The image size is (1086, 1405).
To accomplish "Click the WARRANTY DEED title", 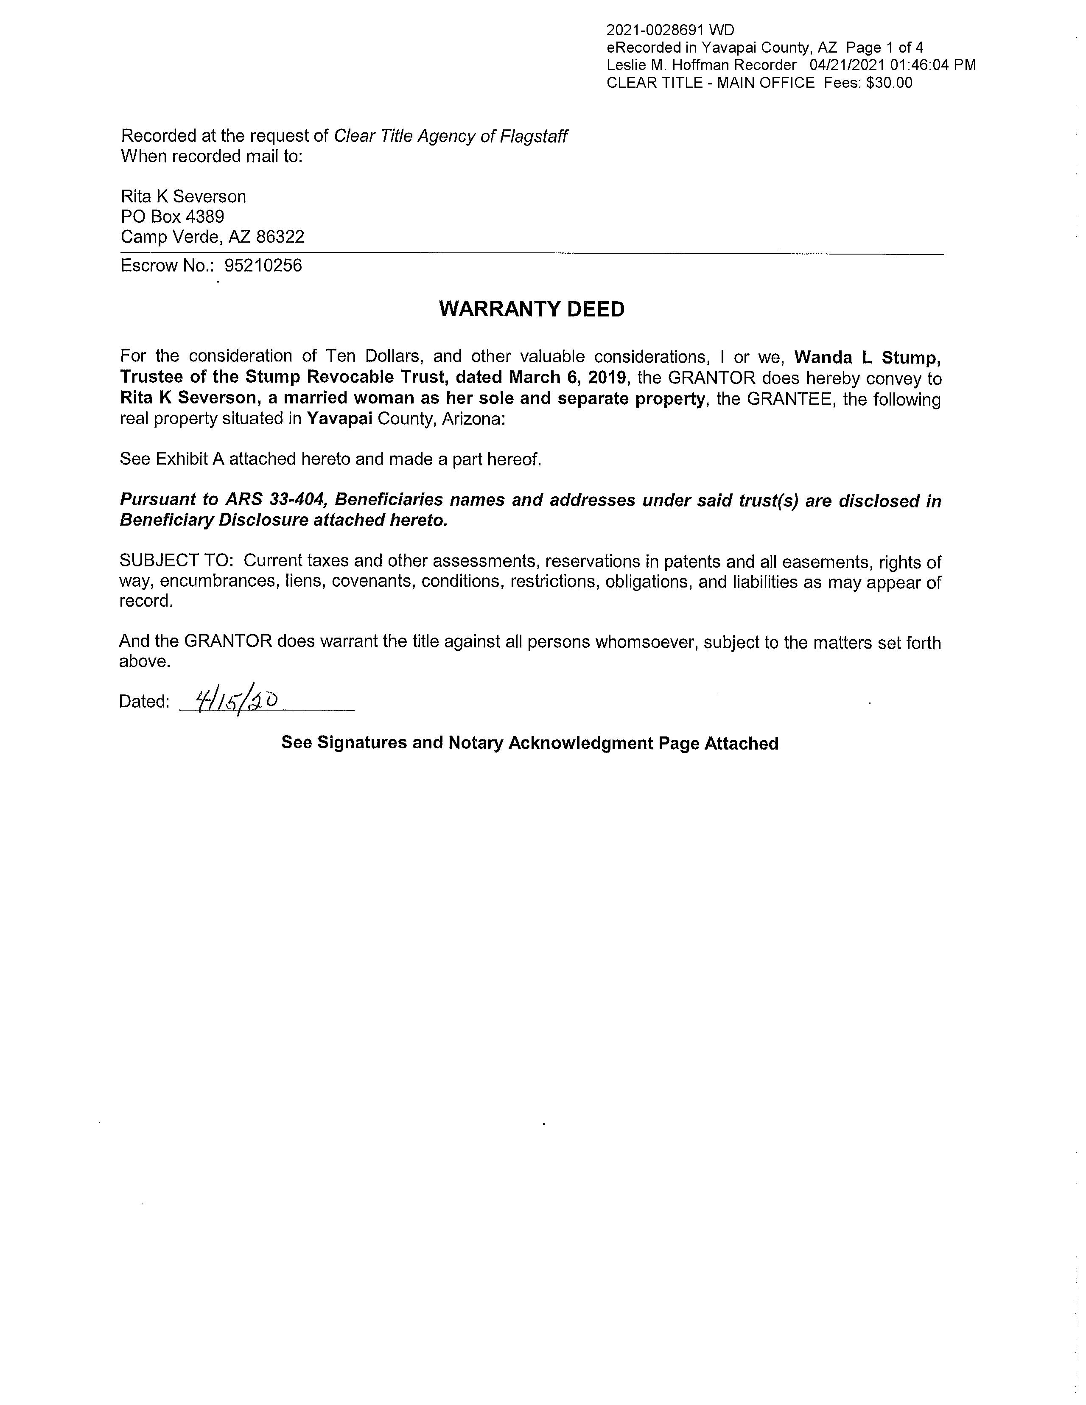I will [532, 309].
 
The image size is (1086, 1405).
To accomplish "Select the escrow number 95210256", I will [263, 266].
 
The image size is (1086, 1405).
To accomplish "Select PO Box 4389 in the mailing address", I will [172, 217].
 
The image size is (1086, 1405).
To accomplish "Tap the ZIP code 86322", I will [280, 238].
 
